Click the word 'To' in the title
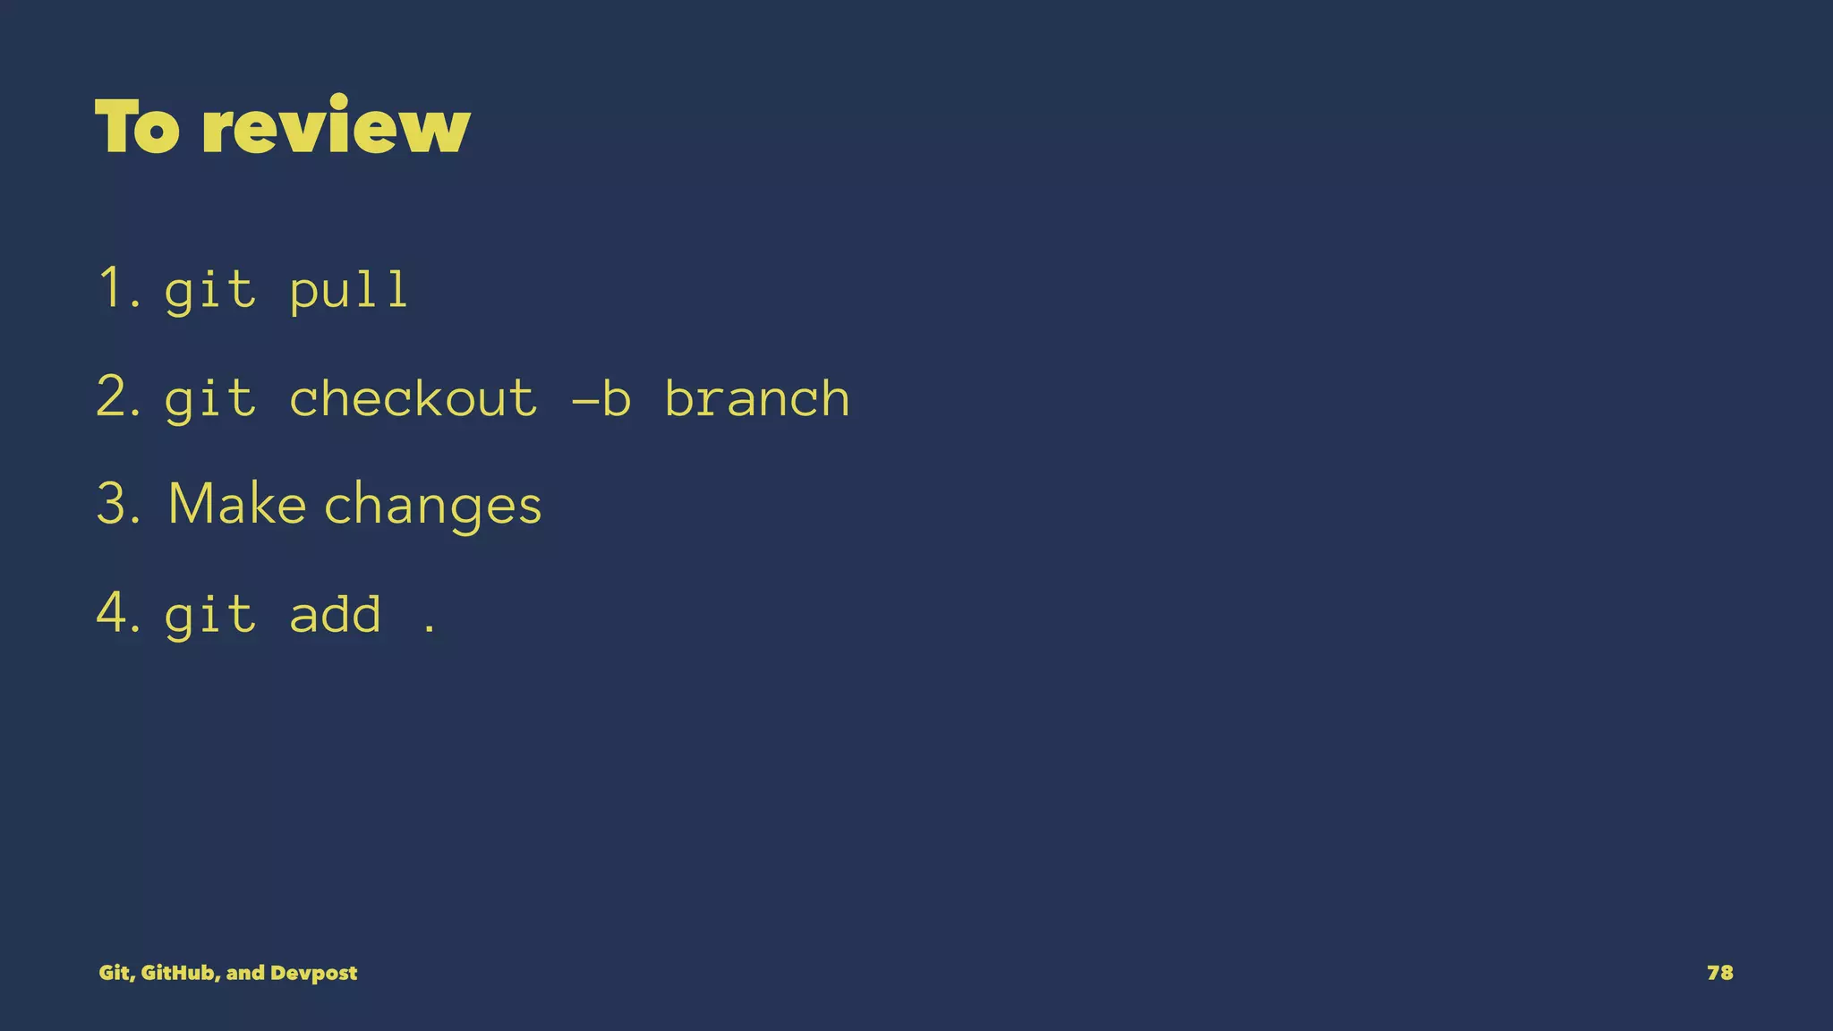click(x=137, y=127)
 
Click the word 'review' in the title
click(x=336, y=127)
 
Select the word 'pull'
click(x=349, y=290)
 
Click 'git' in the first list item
click(x=210, y=290)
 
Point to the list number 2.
click(x=117, y=396)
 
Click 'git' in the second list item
click(x=210, y=399)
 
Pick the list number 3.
click(x=117, y=504)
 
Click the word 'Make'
click(x=237, y=504)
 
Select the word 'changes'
click(x=432, y=507)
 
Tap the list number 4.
click(x=117, y=613)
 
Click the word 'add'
click(x=335, y=615)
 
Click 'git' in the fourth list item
click(x=210, y=616)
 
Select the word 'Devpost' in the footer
click(x=313, y=973)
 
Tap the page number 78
click(x=1719, y=973)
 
